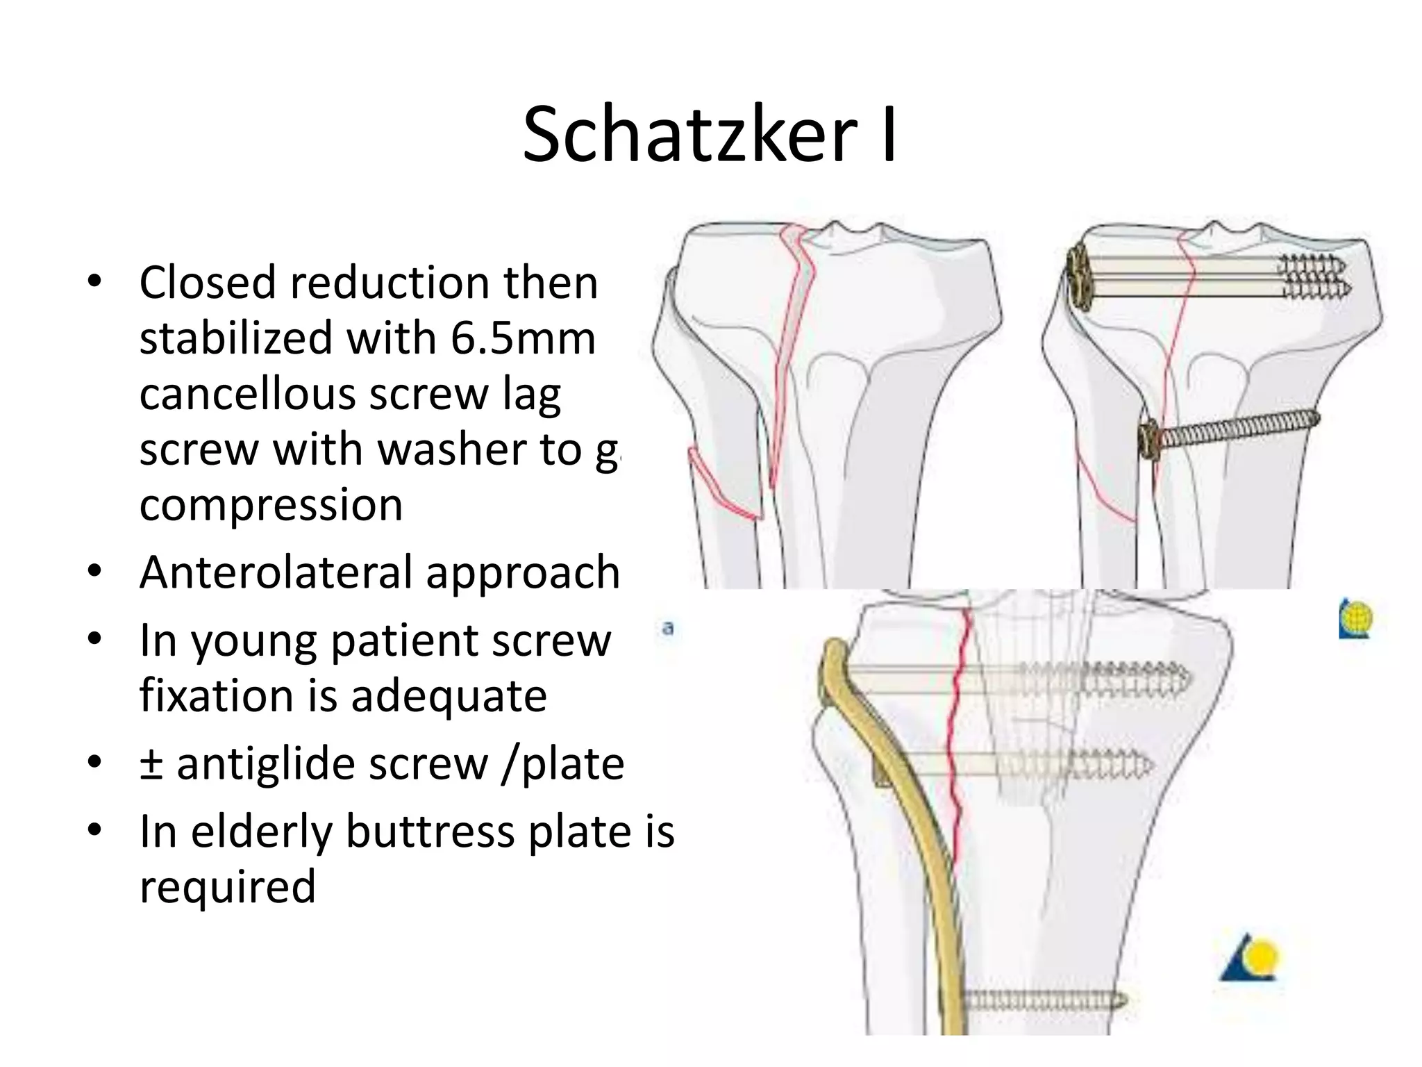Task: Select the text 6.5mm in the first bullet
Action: click(523, 338)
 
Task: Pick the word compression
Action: click(271, 504)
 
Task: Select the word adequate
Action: click(449, 695)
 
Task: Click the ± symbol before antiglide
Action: click(151, 764)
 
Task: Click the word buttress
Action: click(430, 832)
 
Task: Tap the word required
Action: click(228, 886)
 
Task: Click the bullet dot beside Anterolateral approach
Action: click(94, 572)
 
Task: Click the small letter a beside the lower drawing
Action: click(668, 629)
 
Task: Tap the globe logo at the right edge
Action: click(1355, 618)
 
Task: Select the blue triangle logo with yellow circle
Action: click(1250, 958)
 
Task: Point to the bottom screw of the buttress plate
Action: click(1042, 1001)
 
